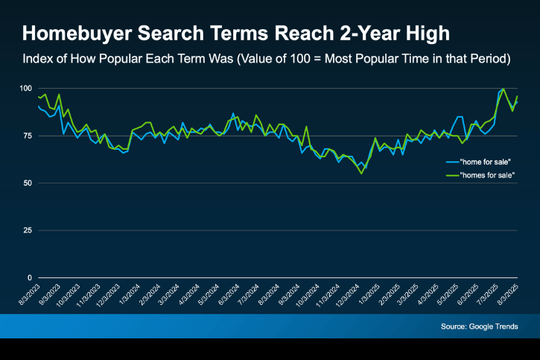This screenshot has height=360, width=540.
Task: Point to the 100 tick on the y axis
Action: coord(25,89)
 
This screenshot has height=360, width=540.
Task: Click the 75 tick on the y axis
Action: coord(27,136)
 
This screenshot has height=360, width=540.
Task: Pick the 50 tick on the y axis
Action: coord(27,183)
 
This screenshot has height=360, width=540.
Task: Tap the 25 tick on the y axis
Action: coord(27,230)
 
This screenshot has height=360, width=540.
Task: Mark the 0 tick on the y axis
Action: coord(29,277)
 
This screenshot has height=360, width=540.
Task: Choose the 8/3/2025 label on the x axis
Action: coord(509,293)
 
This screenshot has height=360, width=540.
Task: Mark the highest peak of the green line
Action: coord(504,89)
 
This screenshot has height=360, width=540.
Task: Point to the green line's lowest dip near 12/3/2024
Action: coord(361,173)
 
